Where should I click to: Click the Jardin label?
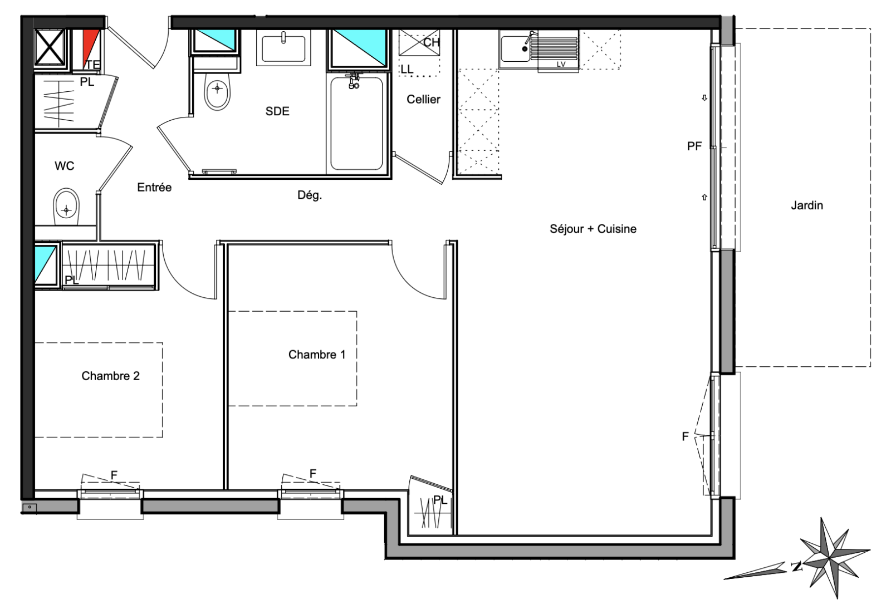pyautogui.click(x=807, y=205)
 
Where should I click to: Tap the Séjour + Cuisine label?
pyautogui.click(x=593, y=229)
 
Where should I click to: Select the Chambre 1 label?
pyautogui.click(x=317, y=354)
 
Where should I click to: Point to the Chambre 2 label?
pyautogui.click(x=111, y=376)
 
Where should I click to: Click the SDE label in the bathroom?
pyautogui.click(x=277, y=111)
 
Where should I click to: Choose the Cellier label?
pyautogui.click(x=423, y=99)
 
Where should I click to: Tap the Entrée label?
pyautogui.click(x=154, y=187)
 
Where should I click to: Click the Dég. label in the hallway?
pyautogui.click(x=310, y=195)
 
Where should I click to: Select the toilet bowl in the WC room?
pyautogui.click(x=66, y=207)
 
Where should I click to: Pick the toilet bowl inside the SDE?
pyautogui.click(x=217, y=91)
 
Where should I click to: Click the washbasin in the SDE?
pyautogui.click(x=283, y=48)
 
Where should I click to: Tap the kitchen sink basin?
pyautogui.click(x=515, y=49)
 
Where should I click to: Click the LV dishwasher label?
pyautogui.click(x=561, y=64)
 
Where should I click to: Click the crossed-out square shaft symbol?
pyautogui.click(x=50, y=47)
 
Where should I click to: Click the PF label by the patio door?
pyautogui.click(x=694, y=146)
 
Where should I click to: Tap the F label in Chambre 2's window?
pyautogui.click(x=114, y=475)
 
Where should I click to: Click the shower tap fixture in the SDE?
pyautogui.click(x=353, y=81)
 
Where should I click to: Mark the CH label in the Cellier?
pyautogui.click(x=431, y=42)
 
